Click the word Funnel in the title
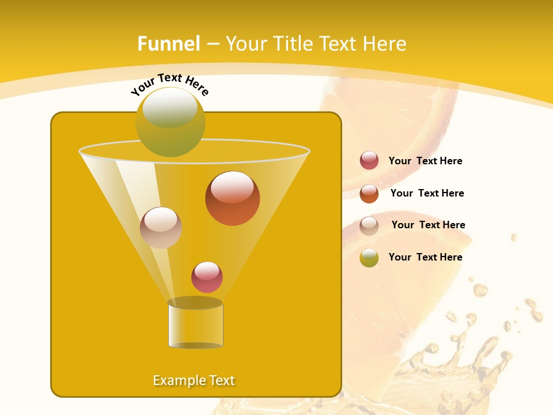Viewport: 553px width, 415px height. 169,44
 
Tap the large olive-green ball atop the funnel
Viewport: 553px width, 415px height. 170,122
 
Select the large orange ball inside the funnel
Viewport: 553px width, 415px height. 232,198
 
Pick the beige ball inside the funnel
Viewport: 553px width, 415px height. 161,227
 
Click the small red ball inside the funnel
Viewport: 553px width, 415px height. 207,277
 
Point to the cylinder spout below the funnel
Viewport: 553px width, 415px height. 195,326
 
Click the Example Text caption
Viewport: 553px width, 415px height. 194,380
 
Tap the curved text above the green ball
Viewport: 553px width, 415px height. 169,84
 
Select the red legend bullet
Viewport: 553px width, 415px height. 369,160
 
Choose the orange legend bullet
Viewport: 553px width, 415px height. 369,193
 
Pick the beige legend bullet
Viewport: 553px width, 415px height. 369,225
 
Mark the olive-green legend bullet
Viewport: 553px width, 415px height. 369,258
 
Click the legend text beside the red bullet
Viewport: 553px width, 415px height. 425,161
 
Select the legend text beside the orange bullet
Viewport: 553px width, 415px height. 427,193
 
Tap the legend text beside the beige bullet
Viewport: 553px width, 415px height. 428,225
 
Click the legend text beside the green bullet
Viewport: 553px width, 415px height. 425,257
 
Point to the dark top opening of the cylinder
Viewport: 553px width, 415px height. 195,303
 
